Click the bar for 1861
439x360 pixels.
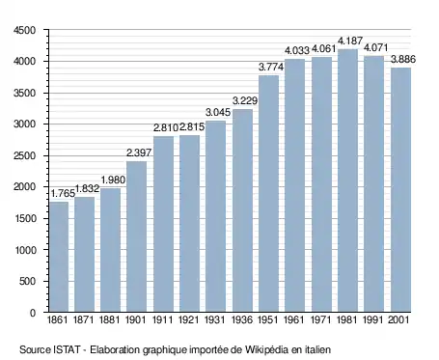59,257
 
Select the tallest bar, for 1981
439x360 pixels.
347,180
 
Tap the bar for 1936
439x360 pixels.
242,210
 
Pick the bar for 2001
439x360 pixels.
400,190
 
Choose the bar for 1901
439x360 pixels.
136,236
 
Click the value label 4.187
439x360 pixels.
350,41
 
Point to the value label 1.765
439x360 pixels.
63,194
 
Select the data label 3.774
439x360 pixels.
271,67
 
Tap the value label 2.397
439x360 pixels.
139,152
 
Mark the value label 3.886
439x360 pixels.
403,59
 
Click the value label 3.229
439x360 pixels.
245,100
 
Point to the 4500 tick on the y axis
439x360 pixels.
24,30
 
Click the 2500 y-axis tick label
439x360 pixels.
24,155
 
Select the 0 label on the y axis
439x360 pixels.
33,313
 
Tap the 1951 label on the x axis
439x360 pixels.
268,319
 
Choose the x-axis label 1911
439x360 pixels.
162,319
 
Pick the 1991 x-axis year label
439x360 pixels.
373,319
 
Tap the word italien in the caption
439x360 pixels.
317,349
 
